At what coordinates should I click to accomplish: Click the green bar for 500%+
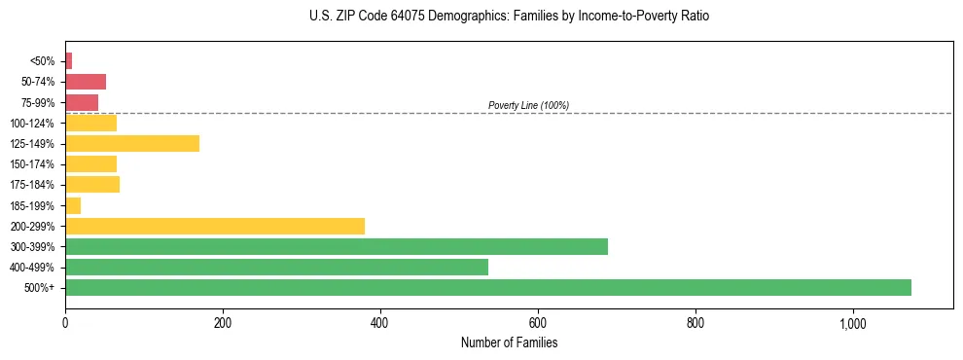(x=487, y=287)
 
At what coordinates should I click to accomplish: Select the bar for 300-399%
(x=336, y=246)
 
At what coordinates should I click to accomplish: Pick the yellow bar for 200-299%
(x=215, y=226)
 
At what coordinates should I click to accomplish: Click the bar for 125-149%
(x=132, y=144)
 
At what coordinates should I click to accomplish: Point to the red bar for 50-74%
(x=86, y=82)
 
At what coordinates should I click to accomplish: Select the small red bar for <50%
(x=68, y=61)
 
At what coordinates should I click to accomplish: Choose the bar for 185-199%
(x=73, y=205)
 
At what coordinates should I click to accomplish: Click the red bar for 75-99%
(x=82, y=102)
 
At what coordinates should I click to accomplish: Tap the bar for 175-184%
(x=92, y=185)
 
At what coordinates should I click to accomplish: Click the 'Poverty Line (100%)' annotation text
(x=528, y=105)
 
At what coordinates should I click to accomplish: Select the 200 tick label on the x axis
(x=223, y=323)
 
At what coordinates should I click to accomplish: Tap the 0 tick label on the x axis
(x=65, y=323)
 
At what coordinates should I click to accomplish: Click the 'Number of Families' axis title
(x=509, y=342)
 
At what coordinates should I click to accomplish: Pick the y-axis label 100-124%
(x=33, y=124)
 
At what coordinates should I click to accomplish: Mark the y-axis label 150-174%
(x=33, y=164)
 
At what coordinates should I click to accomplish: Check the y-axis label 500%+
(x=41, y=288)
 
